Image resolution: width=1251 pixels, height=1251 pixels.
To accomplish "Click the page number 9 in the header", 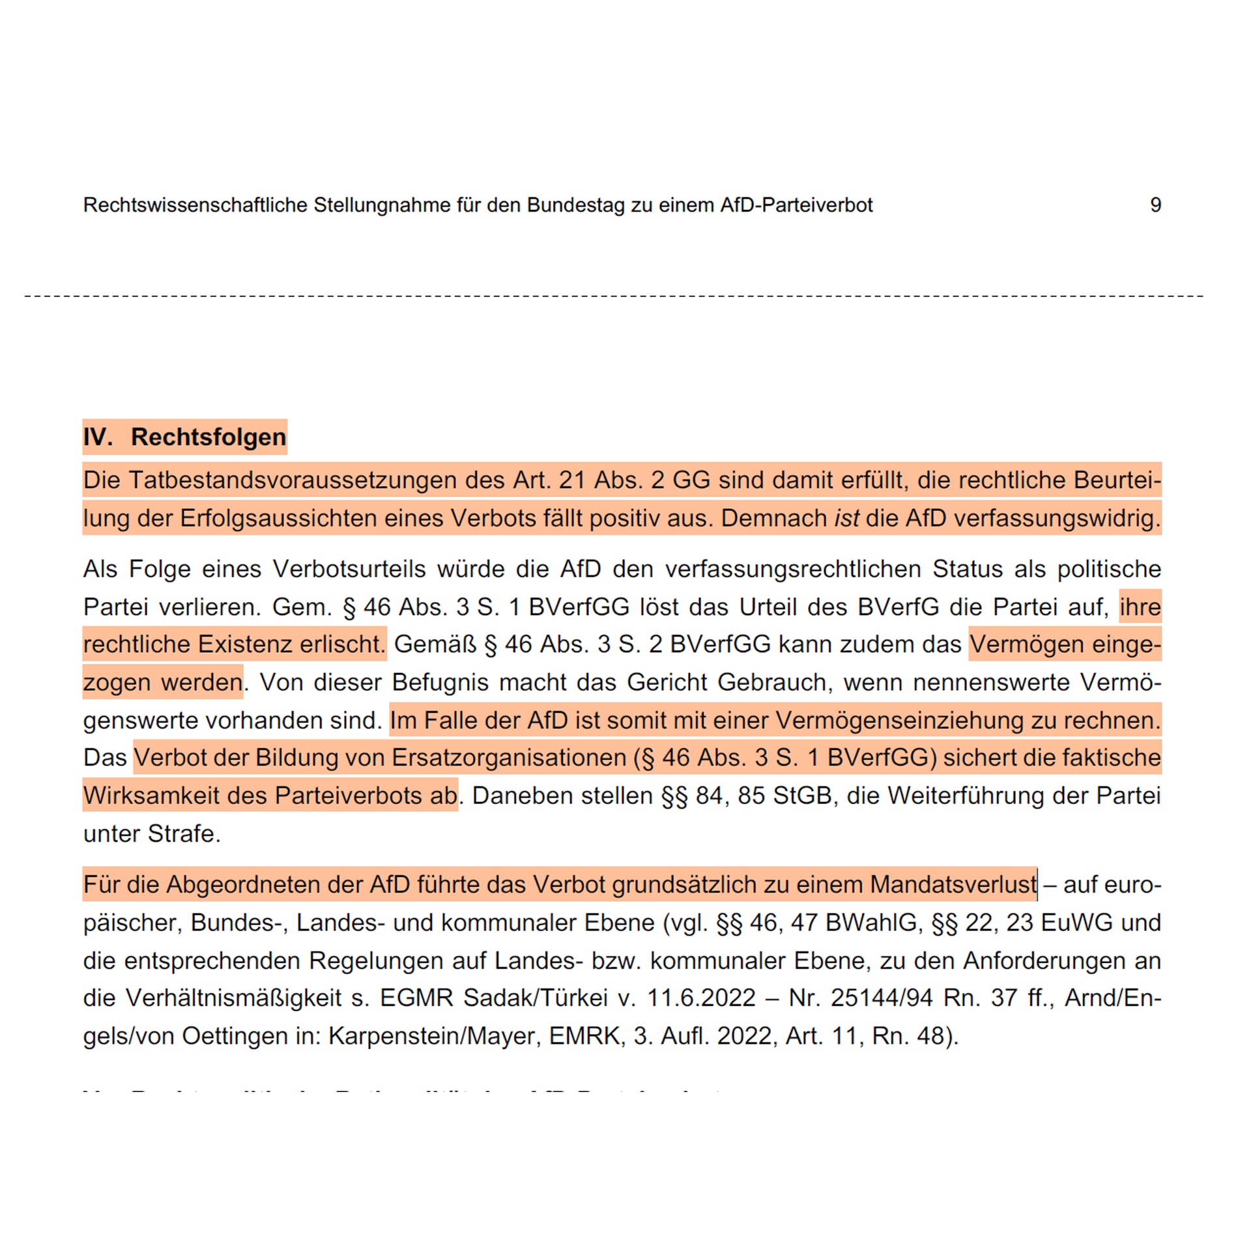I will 1155,205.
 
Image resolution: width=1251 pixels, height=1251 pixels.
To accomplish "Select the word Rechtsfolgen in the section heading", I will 208,437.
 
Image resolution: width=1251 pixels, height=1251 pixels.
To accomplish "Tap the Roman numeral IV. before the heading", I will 98,437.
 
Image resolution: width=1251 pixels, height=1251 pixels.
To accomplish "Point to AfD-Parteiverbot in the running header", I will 796,205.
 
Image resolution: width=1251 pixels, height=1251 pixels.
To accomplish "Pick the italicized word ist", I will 846,518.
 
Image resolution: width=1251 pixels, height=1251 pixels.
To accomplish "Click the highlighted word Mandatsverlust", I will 953,884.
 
